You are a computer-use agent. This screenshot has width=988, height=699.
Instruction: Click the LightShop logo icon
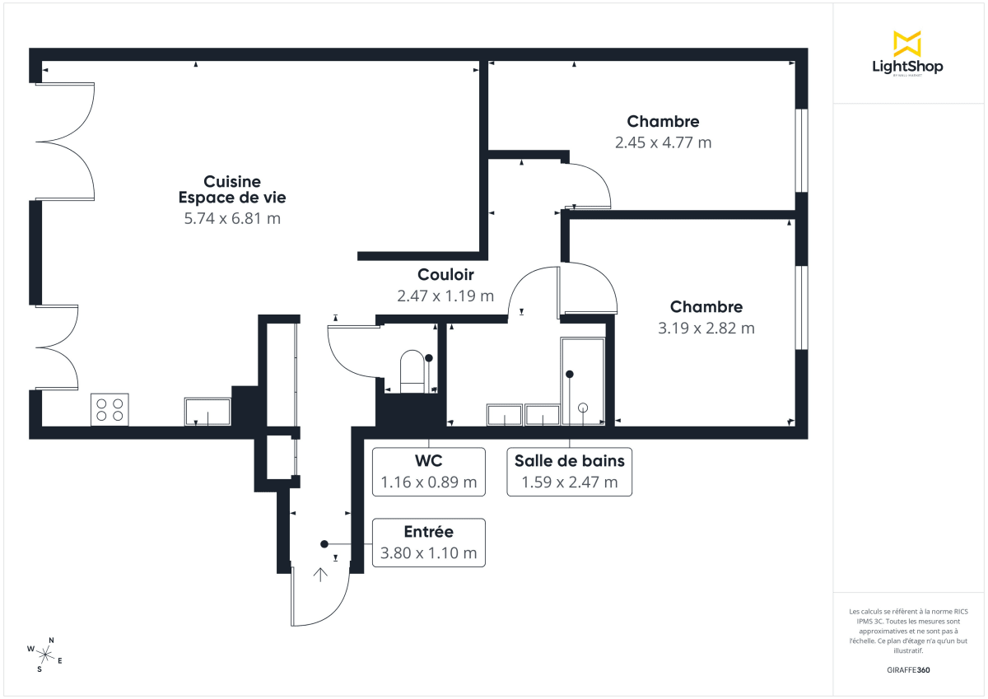point(907,43)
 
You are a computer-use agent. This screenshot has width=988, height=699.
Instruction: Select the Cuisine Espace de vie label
point(232,189)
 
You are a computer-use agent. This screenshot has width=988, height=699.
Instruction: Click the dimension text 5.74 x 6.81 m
point(232,218)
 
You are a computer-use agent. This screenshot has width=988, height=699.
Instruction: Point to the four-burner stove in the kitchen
point(110,409)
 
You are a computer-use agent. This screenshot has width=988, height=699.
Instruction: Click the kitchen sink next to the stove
point(207,411)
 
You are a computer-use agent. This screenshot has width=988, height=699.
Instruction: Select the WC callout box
point(428,472)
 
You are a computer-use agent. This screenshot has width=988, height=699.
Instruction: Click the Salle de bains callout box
point(569,472)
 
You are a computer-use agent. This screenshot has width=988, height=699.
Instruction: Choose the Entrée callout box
point(428,543)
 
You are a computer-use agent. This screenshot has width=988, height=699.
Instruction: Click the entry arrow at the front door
point(320,575)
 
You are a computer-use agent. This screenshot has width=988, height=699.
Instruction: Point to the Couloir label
point(445,275)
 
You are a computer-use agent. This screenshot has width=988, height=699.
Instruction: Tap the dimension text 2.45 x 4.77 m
point(663,142)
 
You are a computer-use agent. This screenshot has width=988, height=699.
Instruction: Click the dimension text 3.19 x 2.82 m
point(706,328)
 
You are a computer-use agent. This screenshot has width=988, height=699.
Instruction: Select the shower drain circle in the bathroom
point(584,407)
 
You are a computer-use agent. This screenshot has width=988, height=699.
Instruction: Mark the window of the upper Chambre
point(799,150)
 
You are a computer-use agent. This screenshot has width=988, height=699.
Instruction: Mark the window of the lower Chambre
point(799,307)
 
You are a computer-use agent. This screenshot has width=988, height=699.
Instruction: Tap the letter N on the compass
point(51,641)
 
